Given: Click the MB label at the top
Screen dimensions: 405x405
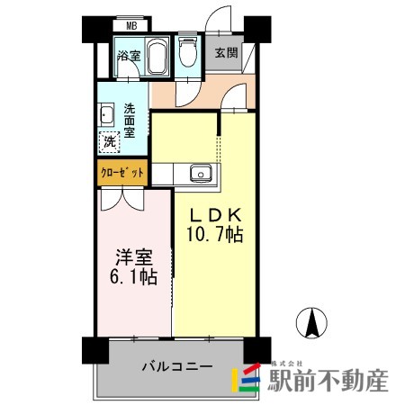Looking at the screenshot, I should pyautogui.click(x=131, y=27).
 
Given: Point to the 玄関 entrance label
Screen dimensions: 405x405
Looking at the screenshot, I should pyautogui.click(x=226, y=52).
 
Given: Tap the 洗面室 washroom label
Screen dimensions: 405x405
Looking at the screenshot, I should pyautogui.click(x=130, y=117).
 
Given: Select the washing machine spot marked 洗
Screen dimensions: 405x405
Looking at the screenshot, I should pyautogui.click(x=109, y=141).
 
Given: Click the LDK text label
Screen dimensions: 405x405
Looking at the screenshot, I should pyautogui.click(x=213, y=216).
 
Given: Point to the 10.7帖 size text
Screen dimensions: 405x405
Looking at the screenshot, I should pyautogui.click(x=214, y=236).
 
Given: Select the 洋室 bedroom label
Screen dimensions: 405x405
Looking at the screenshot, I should pyautogui.click(x=130, y=257).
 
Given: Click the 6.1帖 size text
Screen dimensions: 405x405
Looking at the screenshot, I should pyautogui.click(x=131, y=278).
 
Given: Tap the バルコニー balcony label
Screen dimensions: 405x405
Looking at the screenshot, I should pyautogui.click(x=176, y=367).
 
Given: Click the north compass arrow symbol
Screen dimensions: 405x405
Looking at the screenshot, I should pyautogui.click(x=311, y=321).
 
